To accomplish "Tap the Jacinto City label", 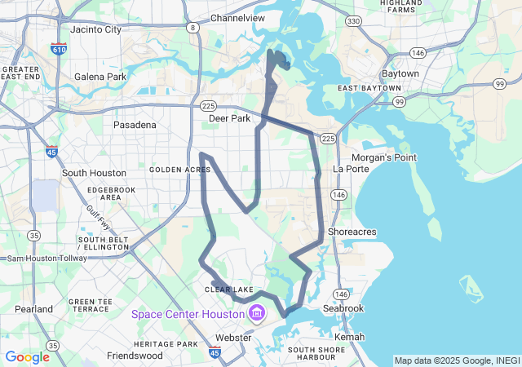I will tap(95, 29).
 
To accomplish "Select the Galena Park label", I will tap(100, 77).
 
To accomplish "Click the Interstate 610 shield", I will tap(59, 49).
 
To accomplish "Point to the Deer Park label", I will tap(229, 117).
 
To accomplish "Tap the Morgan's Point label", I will tap(383, 157).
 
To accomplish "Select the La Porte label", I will tap(351, 169).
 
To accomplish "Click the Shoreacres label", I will tap(352, 232).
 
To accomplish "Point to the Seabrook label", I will tap(348, 308).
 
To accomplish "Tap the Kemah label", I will tap(349, 337).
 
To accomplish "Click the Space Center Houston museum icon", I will tap(258, 313).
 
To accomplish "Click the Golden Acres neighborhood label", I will tap(179, 170).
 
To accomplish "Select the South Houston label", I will tap(94, 173).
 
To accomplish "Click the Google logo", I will tap(27, 356).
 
